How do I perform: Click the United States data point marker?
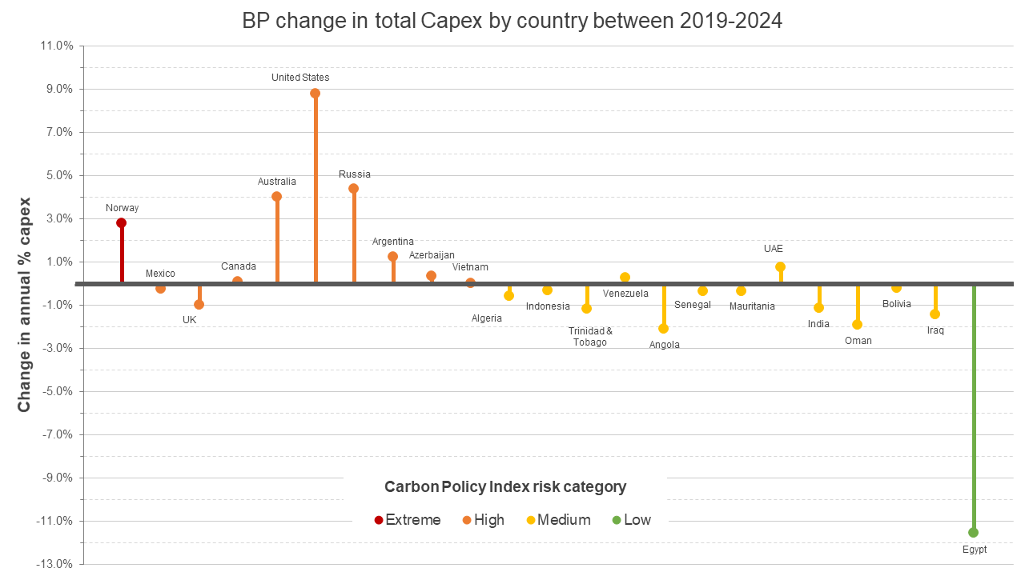(315, 93)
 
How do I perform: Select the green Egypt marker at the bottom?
(973, 532)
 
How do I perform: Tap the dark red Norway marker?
(122, 222)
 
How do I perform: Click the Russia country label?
(354, 174)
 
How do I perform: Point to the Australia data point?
(276, 196)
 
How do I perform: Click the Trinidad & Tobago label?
(590, 337)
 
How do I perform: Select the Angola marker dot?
(663, 328)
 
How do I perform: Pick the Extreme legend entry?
(408, 520)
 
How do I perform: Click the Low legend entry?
(632, 520)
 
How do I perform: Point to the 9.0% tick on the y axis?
(58, 89)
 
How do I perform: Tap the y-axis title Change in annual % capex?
(25, 304)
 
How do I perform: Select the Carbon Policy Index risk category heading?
(505, 486)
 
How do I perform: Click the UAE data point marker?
(780, 266)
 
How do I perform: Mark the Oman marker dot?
(857, 324)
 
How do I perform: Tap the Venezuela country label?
(625, 294)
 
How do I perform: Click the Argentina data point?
(392, 256)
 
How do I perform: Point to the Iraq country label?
(935, 330)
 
